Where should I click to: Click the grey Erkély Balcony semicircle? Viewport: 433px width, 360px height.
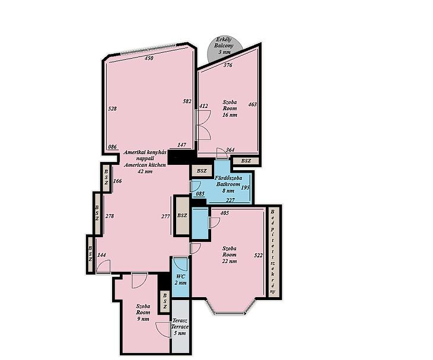[224, 48]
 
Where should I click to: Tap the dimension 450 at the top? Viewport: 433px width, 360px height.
[149, 58]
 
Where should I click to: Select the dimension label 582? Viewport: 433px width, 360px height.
[187, 101]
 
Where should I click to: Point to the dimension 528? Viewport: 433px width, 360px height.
[112, 109]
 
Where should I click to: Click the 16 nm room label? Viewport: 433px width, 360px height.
[230, 109]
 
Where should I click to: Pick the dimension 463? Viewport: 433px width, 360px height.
[253, 104]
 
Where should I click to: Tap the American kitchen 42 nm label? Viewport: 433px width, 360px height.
[145, 161]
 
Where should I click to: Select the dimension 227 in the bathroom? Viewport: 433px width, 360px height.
[230, 200]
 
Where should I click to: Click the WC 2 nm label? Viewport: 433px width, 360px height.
[180, 279]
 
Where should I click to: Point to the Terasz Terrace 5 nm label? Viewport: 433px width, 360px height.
[180, 327]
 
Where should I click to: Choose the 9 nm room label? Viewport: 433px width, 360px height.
[143, 313]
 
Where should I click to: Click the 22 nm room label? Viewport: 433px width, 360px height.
[230, 254]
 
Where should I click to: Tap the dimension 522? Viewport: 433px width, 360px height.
[258, 256]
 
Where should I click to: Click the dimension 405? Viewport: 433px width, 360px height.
[225, 213]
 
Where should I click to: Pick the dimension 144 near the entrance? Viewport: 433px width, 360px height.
[101, 255]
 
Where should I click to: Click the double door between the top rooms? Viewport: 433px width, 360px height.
[203, 125]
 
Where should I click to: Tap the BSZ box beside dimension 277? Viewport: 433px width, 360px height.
[182, 216]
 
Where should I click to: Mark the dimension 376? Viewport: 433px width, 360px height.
[228, 65]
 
